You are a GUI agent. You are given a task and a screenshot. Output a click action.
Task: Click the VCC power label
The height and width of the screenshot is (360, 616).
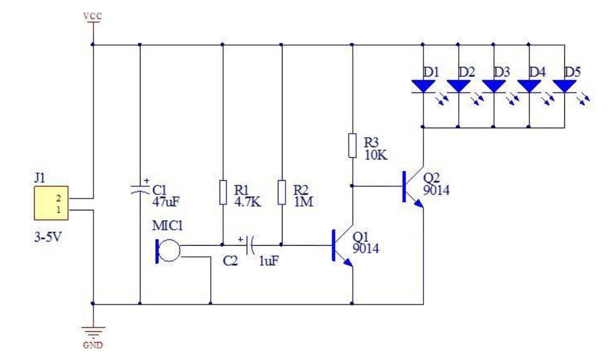pos(92,16)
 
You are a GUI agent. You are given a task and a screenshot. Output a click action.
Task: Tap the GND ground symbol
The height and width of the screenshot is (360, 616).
pos(93,332)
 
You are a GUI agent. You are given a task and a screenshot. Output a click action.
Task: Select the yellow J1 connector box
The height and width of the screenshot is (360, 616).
pos(51,203)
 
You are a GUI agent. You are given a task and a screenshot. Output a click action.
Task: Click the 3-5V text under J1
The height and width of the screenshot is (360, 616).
pos(48,237)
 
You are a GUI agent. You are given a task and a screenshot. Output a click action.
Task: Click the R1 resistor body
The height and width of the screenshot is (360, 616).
pos(223,193)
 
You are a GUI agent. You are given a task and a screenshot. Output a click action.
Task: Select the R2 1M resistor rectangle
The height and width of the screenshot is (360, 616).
pos(281,193)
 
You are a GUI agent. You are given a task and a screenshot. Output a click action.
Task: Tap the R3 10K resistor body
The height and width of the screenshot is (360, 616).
pos(352,146)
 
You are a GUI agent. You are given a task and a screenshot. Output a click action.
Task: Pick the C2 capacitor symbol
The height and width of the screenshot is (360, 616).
pos(250,245)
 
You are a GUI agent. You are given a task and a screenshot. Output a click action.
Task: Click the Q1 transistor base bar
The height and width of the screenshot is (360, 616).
pos(334,245)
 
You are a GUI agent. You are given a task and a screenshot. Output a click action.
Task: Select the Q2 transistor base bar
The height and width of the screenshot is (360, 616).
pos(404,186)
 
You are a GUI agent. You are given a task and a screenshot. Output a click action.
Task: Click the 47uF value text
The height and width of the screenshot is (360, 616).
pos(165,202)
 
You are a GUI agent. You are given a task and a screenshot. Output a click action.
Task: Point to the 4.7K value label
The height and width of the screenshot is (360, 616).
pos(248,202)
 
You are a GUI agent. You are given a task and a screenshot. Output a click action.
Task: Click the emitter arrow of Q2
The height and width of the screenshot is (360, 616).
pos(418,204)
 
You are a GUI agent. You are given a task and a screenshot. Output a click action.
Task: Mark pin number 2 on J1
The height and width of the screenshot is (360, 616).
pos(58,198)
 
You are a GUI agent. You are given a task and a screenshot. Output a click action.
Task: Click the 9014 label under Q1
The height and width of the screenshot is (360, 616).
pos(366,249)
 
